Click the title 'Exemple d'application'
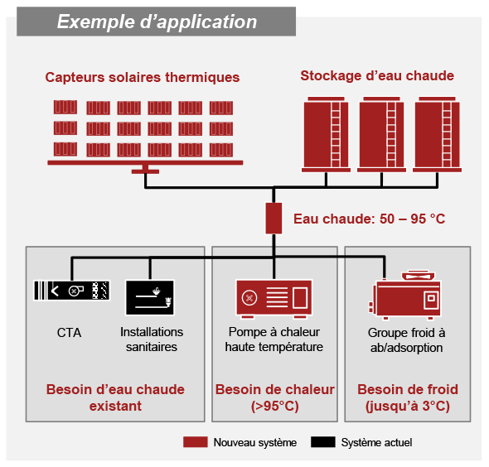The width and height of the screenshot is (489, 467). [x=157, y=22]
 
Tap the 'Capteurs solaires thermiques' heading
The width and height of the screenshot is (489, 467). [x=143, y=77]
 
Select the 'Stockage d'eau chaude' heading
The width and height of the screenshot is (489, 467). [x=377, y=75]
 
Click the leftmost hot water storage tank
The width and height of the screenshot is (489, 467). [x=326, y=134]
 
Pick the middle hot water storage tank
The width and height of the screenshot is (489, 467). [x=381, y=134]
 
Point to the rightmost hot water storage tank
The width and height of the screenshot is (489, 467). [x=437, y=134]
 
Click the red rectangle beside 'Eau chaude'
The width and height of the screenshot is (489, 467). [x=274, y=218]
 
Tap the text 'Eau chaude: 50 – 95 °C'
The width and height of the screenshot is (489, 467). [x=370, y=219]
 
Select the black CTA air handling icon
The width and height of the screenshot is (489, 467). [x=72, y=291]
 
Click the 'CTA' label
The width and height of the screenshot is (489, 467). [x=69, y=333]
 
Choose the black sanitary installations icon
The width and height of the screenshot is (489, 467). [x=150, y=297]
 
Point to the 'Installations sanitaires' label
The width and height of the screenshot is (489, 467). [x=152, y=339]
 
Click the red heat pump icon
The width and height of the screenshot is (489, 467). [x=274, y=299]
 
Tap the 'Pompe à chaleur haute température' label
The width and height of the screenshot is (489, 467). [x=274, y=339]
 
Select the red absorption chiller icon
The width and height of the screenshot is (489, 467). [x=404, y=296]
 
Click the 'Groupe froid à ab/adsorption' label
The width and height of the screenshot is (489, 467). [x=406, y=339]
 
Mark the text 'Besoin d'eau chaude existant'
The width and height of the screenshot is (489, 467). [x=115, y=397]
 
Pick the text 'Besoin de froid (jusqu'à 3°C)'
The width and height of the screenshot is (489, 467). [x=408, y=397]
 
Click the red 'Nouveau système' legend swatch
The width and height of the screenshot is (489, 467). [x=196, y=442]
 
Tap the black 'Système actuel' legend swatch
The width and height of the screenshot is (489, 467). [x=323, y=442]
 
